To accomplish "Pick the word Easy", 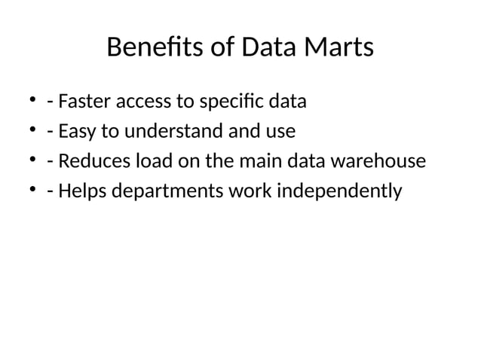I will point(75,131).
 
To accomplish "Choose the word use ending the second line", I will point(279,131).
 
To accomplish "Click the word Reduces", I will point(89,161).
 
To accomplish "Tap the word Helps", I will point(81,192).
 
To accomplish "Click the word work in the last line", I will point(251,192).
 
